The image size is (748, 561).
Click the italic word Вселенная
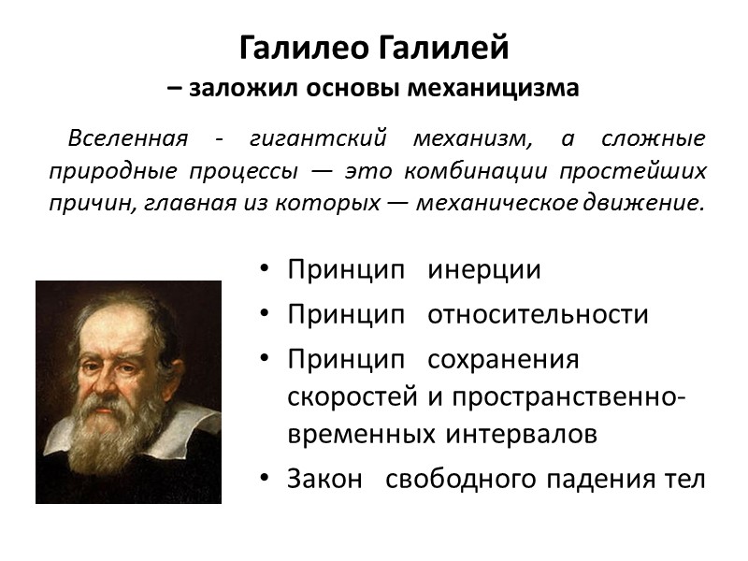pyautogui.click(x=126, y=140)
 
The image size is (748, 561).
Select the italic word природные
pyautogui.click(x=101, y=171)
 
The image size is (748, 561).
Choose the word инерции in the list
pyautogui.click(x=484, y=270)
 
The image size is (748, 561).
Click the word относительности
pyautogui.click(x=538, y=314)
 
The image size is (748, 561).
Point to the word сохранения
pyautogui.click(x=503, y=359)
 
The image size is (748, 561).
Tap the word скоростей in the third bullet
pyautogui.click(x=352, y=396)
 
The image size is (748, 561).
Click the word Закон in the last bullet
pyautogui.click(x=324, y=479)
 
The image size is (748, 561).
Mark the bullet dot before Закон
pyautogui.click(x=266, y=479)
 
